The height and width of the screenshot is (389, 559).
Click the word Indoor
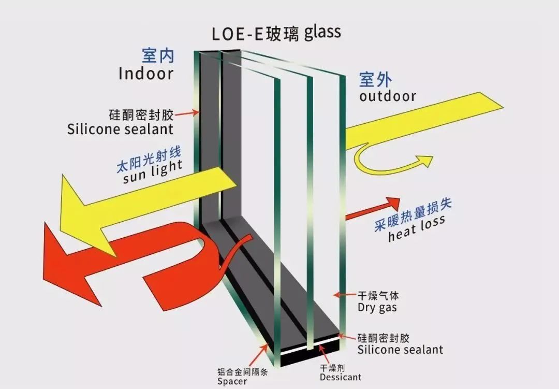[145, 73]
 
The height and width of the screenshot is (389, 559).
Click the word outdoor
[388, 96]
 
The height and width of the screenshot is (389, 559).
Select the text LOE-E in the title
[238, 33]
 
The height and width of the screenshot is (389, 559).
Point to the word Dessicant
[340, 377]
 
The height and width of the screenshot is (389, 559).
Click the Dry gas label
[377, 307]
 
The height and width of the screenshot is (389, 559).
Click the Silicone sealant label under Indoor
[120, 128]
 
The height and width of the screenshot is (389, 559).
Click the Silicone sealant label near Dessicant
[400, 350]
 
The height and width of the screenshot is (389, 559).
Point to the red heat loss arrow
[373, 207]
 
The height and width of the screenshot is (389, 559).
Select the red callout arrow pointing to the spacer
[259, 355]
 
